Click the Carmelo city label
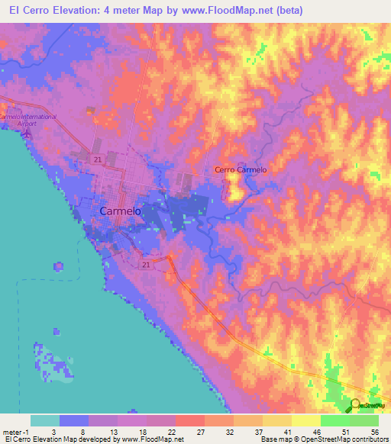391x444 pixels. coord(118,211)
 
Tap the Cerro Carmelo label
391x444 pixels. coord(241,169)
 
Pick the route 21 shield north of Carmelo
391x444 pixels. coord(98,159)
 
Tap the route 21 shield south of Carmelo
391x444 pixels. coord(146,264)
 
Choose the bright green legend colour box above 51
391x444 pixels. coord(334,420)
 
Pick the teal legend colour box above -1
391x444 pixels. coord(45,420)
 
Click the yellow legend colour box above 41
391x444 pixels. coord(276,420)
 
